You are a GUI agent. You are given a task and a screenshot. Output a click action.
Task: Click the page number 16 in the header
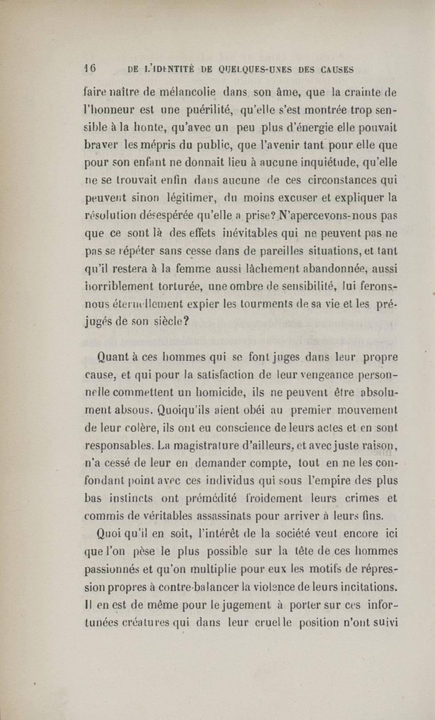pyautogui.click(x=90, y=68)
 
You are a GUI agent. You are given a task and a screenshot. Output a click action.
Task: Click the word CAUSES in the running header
pyautogui.click(x=330, y=69)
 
